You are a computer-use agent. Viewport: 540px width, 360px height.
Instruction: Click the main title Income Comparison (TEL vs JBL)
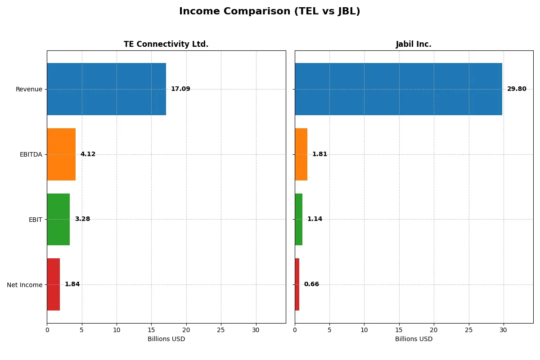270,12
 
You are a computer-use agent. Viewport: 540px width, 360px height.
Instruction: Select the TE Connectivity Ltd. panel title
166,45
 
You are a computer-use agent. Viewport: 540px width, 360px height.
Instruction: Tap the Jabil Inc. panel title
414,45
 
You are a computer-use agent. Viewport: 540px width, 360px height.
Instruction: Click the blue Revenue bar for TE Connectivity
106,89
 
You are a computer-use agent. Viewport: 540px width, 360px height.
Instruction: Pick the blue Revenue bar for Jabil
398,89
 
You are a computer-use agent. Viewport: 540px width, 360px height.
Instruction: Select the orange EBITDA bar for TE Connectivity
61,154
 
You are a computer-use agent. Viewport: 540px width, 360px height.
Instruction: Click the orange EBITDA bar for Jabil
301,154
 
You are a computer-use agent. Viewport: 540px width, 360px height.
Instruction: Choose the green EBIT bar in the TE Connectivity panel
58,220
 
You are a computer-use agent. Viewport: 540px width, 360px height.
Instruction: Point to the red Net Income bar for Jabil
297,284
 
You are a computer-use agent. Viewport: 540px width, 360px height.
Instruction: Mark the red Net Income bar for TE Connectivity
53,284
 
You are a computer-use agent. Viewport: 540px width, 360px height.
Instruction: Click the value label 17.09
180,89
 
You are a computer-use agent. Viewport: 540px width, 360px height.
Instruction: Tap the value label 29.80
517,89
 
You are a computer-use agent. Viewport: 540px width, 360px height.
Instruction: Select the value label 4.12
88,154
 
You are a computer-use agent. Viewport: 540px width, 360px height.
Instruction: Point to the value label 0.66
311,284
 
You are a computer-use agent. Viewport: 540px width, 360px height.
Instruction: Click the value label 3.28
82,220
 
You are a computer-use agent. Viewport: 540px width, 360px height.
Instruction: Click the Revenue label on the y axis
29,90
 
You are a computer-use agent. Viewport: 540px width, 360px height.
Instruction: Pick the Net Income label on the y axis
25,285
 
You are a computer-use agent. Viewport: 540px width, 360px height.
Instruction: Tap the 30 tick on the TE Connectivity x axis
256,330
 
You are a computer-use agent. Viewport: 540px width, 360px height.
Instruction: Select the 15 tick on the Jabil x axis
399,330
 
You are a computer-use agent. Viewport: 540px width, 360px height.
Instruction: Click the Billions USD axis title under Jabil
414,339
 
